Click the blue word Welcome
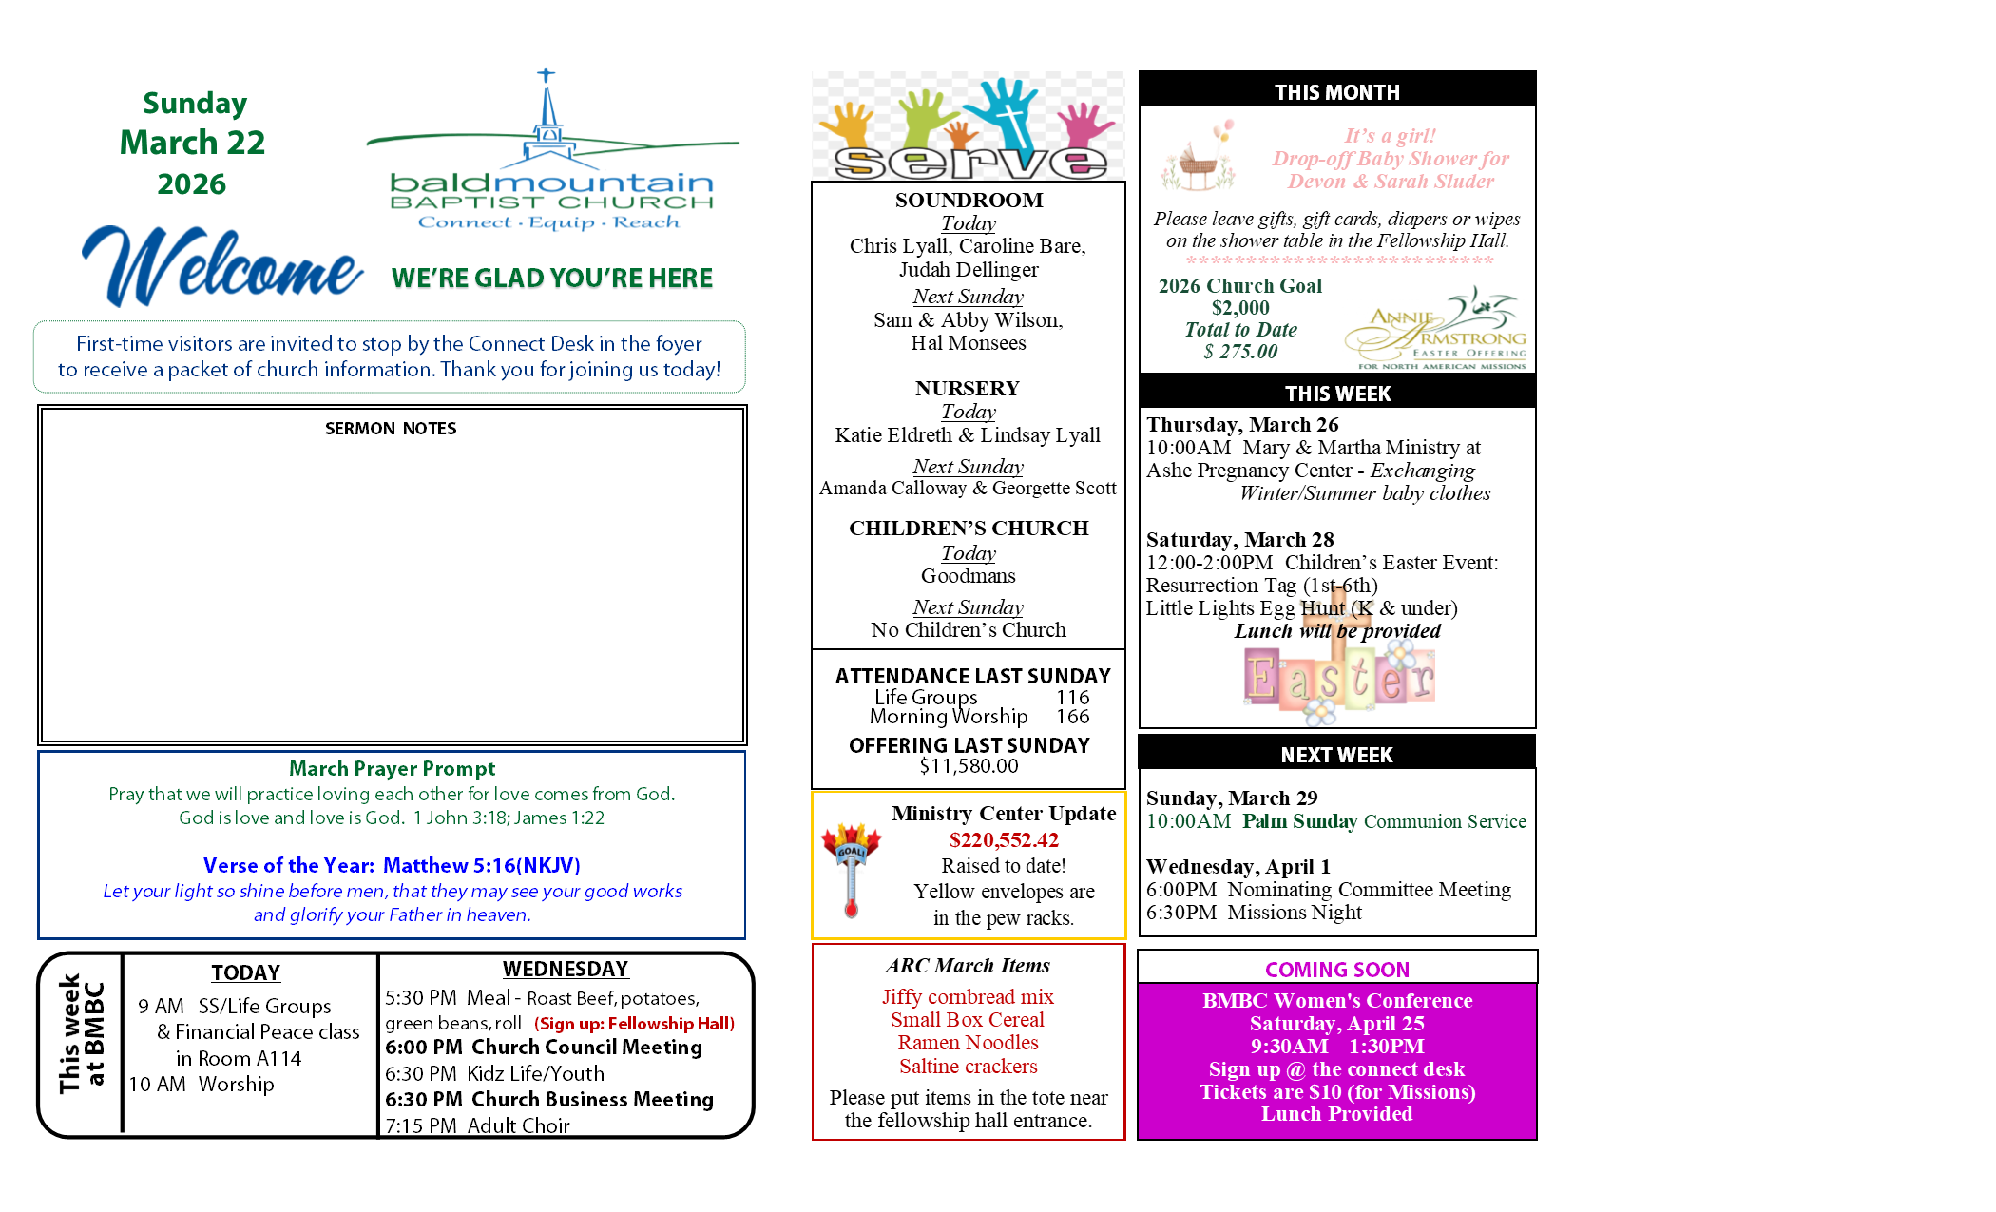coord(221,268)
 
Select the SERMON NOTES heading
coord(391,429)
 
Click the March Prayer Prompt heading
coord(392,768)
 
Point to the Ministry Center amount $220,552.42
coord(1003,840)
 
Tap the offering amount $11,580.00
coord(969,766)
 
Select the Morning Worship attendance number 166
coord(1072,717)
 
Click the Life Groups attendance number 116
coord(1072,698)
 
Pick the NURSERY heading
coord(968,388)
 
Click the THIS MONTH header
coord(1336,92)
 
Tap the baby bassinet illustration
coord(1199,160)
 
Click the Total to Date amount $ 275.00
coord(1240,352)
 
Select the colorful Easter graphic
coord(1338,675)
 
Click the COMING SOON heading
coord(1336,970)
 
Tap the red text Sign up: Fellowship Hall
coord(634,1024)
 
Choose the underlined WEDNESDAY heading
coord(566,969)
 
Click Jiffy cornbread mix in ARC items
coord(968,996)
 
